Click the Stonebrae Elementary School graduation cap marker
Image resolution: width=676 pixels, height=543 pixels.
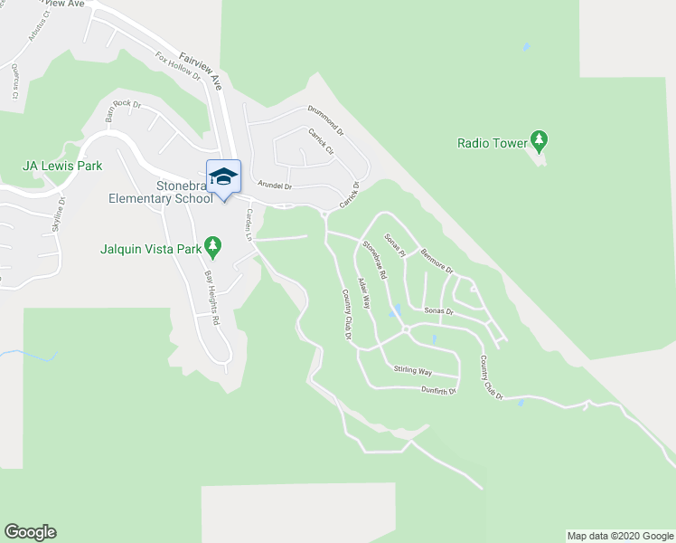223,176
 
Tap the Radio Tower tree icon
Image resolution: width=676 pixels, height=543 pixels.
540,141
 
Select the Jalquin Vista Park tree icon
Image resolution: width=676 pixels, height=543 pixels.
212,245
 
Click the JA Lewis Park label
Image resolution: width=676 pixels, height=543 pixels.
62,166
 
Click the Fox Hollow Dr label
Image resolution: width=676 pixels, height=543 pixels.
177,67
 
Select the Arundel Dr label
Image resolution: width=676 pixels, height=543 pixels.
276,186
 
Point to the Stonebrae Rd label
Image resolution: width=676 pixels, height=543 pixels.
375,260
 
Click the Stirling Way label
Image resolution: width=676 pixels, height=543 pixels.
413,371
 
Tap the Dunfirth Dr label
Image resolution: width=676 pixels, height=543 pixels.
439,391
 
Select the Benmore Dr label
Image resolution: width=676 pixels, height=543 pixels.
433,262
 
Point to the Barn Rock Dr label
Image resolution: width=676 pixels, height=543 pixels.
124,110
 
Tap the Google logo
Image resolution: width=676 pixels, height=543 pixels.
30,532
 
